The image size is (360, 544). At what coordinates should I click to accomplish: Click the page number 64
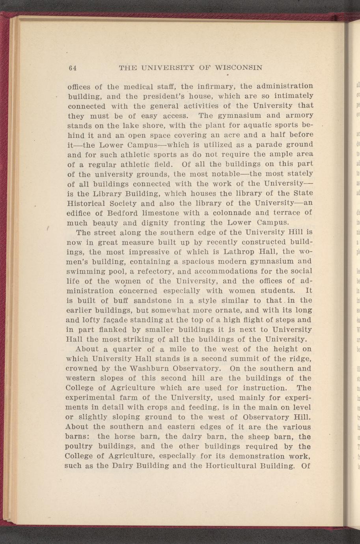pos(72,68)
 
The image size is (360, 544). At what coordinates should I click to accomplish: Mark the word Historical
pos(90,203)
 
